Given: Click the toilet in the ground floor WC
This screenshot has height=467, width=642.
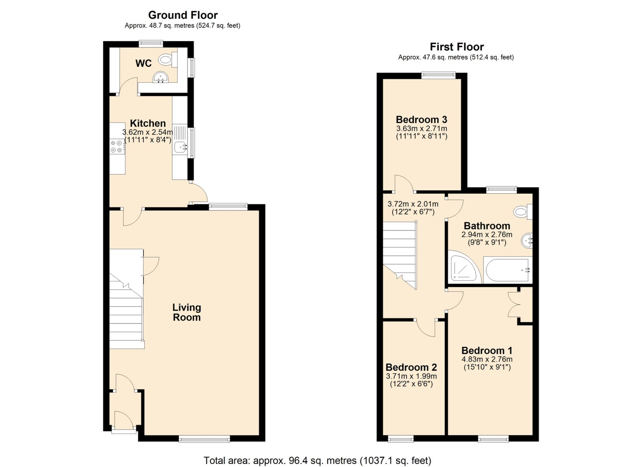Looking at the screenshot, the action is tap(168, 60).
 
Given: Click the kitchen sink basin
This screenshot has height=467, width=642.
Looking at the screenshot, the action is tap(180, 147).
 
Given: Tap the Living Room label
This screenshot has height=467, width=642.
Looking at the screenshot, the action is tap(187, 312).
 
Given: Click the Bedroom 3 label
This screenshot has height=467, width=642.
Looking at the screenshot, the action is tap(421, 119).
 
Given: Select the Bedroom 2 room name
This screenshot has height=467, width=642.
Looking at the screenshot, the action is tap(411, 367).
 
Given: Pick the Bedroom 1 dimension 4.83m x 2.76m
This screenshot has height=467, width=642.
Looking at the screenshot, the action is tap(487, 359).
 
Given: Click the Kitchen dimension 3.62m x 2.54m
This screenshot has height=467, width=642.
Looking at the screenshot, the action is tap(148, 132).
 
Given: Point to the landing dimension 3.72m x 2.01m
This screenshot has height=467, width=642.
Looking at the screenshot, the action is tap(413, 204).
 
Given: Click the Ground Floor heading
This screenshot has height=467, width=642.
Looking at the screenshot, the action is tap(183, 15).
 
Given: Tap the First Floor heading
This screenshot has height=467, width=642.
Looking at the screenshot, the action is tap(457, 46).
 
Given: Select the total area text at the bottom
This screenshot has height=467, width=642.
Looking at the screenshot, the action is tap(317, 461).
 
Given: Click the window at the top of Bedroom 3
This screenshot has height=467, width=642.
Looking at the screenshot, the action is tap(438, 75).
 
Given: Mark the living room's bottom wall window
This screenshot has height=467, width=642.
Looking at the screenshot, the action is tap(204, 439).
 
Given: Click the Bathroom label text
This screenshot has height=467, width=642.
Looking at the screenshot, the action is tap(487, 226).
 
